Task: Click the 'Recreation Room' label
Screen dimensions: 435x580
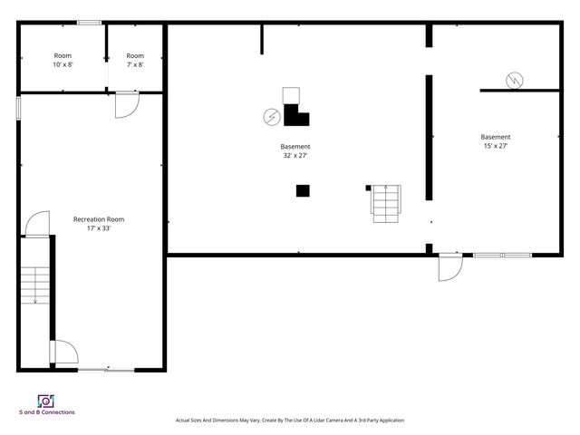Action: click(x=99, y=219)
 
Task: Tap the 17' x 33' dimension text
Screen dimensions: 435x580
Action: click(x=99, y=228)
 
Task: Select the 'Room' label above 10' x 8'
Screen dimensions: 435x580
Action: click(x=63, y=56)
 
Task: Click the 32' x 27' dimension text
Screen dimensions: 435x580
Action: click(x=295, y=155)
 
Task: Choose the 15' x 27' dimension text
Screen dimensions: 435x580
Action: click(x=495, y=146)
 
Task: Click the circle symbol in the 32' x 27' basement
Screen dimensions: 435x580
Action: click(x=270, y=116)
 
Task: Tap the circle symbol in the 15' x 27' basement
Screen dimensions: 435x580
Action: click(x=514, y=80)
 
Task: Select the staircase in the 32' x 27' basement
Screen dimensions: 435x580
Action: click(x=385, y=203)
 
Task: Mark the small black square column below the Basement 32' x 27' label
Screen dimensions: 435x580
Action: click(x=303, y=190)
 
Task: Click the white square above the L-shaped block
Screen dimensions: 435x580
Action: click(x=291, y=95)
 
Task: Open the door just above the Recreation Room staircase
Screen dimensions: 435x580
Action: click(x=37, y=224)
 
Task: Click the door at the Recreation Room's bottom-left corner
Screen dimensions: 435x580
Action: click(x=64, y=353)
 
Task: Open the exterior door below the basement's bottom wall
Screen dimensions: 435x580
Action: click(x=449, y=266)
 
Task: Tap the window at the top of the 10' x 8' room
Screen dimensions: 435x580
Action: click(x=89, y=23)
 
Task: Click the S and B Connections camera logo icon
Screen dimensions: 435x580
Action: click(x=46, y=401)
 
